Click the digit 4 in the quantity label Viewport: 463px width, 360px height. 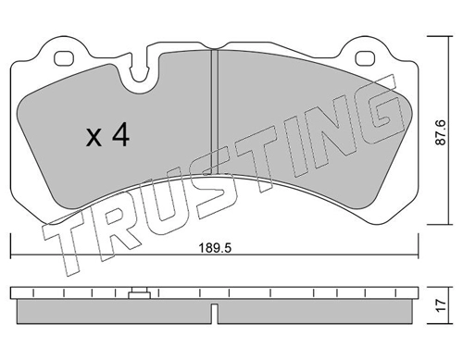tap(119, 136)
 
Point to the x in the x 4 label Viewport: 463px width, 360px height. tap(94, 138)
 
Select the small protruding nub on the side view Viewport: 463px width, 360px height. tap(140, 295)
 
